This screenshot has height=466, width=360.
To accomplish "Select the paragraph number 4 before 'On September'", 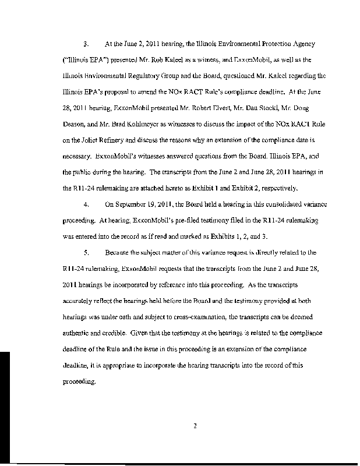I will point(86,221).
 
